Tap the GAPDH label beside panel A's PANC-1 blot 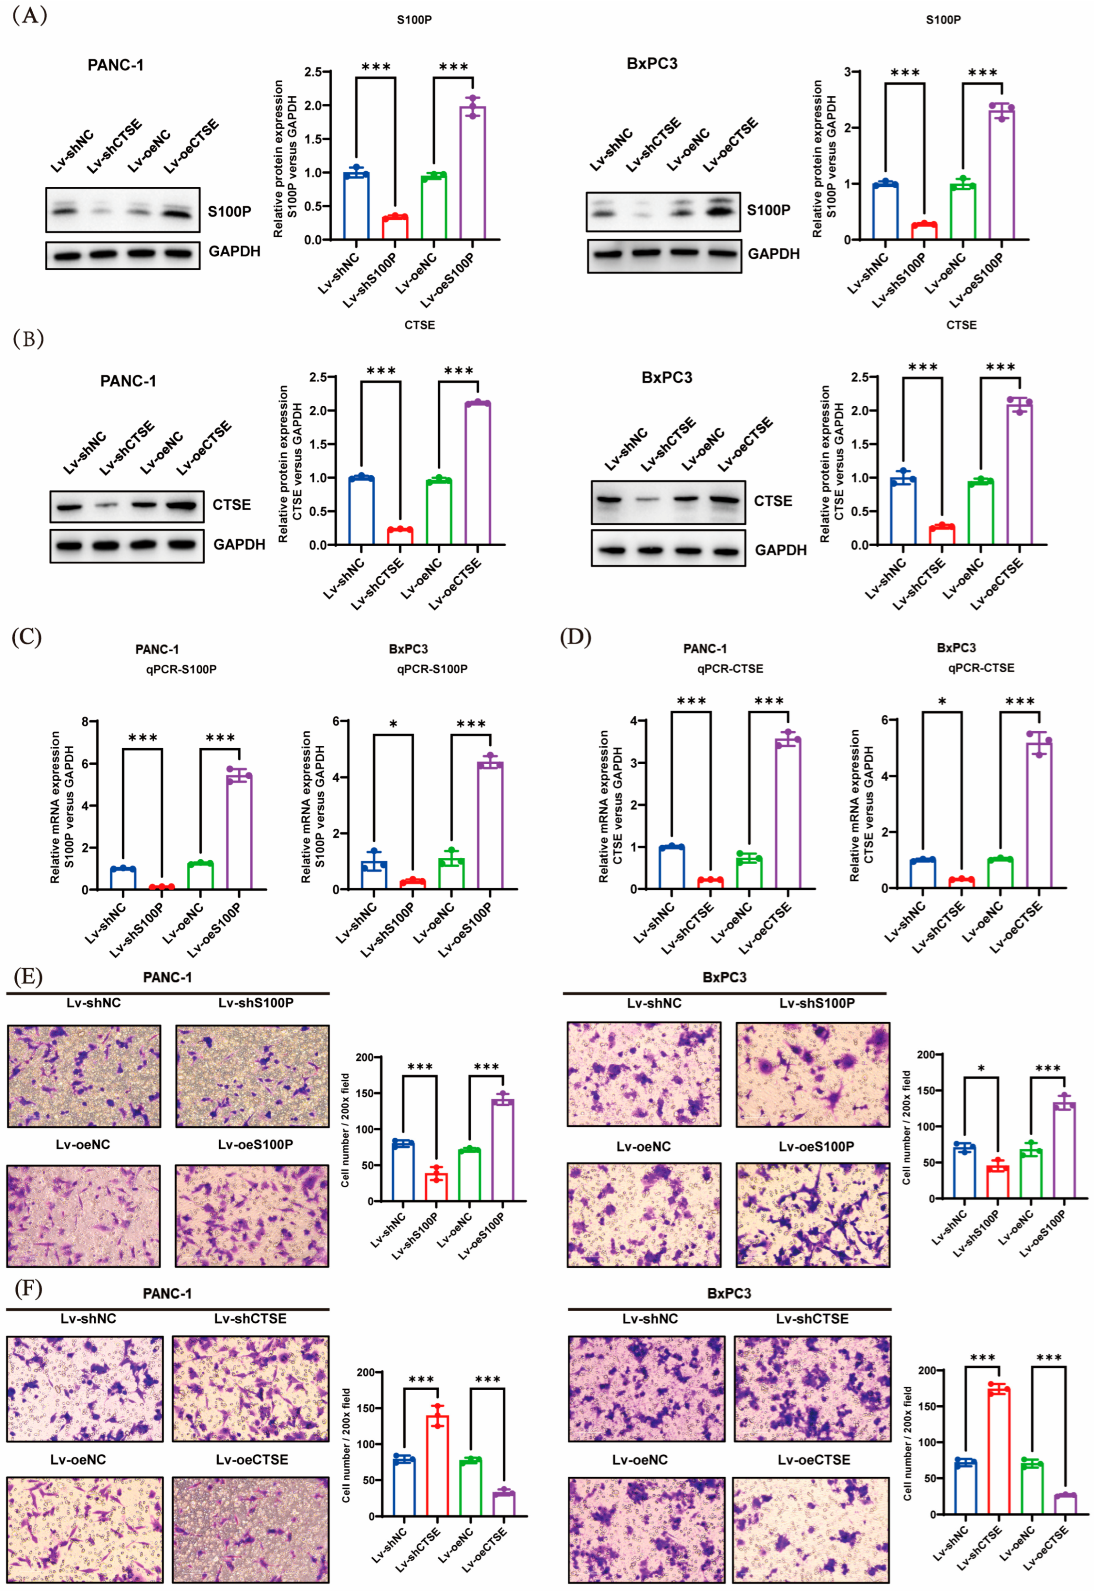(235, 251)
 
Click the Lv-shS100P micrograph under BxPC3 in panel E (813, 1074)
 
